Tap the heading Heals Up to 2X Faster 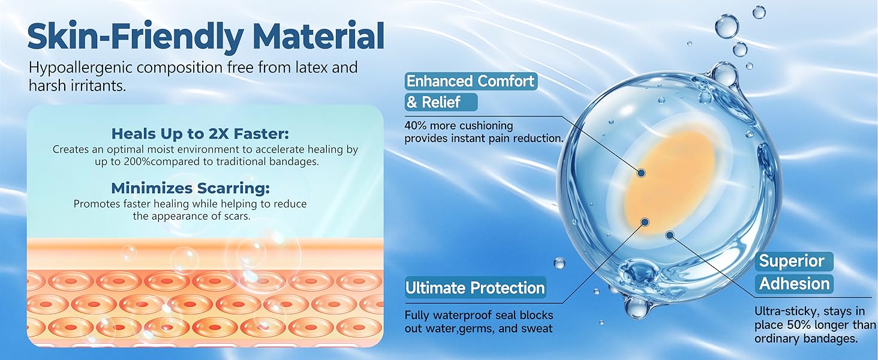click(200, 134)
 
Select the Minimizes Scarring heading click(191, 188)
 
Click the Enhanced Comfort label click(470, 81)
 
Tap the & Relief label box click(441, 103)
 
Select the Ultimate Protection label click(475, 288)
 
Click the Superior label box click(793, 261)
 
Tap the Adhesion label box click(794, 284)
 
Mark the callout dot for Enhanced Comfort click(641, 173)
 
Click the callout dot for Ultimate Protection click(645, 223)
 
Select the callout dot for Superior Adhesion click(670, 235)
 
